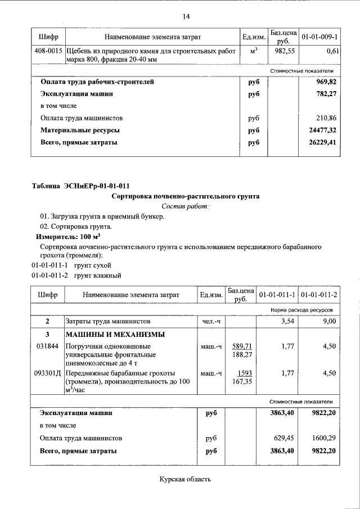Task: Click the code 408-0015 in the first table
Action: [x=48, y=51]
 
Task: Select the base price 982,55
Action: [x=283, y=51]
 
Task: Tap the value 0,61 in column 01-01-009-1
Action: [x=331, y=51]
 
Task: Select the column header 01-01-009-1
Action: [x=319, y=37]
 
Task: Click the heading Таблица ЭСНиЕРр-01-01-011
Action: [x=83, y=186]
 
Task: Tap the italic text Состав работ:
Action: [x=185, y=207]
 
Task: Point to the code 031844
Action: [x=46, y=346]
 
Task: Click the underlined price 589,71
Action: [x=241, y=346]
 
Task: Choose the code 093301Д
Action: [x=48, y=373]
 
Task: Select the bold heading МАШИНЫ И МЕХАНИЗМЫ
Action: [x=108, y=334]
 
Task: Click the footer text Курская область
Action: [x=185, y=479]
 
